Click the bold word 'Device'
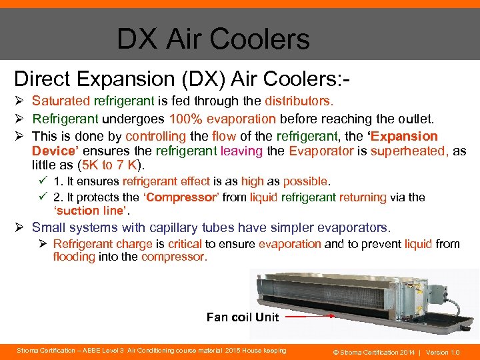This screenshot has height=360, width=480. click(54, 151)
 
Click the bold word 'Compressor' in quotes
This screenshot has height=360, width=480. click(178, 197)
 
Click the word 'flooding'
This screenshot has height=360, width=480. click(74, 257)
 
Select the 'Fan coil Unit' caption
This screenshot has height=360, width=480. click(243, 317)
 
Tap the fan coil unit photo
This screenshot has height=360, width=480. click(373, 300)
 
